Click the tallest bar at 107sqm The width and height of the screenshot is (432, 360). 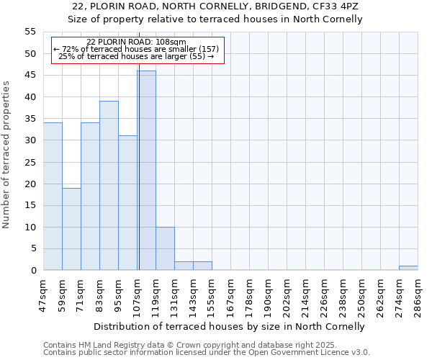146,171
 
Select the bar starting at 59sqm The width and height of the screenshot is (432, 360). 71,229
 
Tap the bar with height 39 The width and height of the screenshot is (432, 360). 109,186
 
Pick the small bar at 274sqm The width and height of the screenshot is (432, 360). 408,268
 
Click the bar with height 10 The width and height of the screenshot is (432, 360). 165,248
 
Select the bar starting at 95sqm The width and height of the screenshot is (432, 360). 127,203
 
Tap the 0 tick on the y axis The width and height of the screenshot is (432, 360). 32,271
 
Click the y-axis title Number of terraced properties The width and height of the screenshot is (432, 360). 6,154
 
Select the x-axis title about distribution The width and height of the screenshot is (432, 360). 230,326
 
